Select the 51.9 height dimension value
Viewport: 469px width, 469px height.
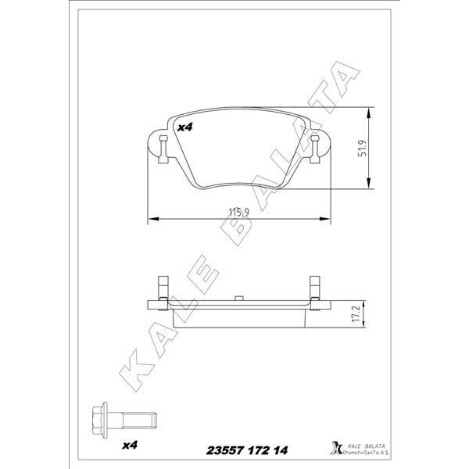point(361,149)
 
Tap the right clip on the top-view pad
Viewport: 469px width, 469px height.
point(315,147)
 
